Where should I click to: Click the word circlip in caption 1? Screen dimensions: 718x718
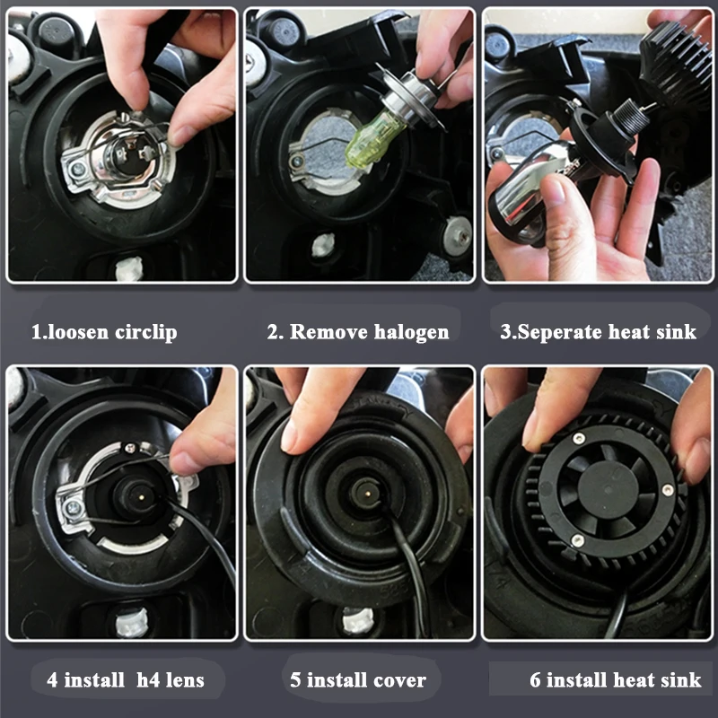point(145,332)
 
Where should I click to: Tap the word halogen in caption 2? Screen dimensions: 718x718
point(411,332)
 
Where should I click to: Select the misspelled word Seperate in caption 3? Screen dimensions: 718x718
point(559,332)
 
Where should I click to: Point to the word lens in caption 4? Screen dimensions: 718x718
point(184,680)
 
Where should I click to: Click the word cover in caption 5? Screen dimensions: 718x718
point(399,680)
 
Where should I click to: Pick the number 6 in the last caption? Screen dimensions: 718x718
point(535,680)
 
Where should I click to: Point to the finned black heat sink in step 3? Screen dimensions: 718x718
point(670,63)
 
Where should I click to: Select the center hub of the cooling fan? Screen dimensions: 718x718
point(608,490)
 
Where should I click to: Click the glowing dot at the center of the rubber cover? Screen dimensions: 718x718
point(369,495)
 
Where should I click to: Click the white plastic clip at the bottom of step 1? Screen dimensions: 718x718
point(128,268)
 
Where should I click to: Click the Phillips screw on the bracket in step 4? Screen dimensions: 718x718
point(73,507)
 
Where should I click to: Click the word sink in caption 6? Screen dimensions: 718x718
point(681,680)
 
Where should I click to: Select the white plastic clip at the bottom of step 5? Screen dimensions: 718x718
point(357,620)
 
